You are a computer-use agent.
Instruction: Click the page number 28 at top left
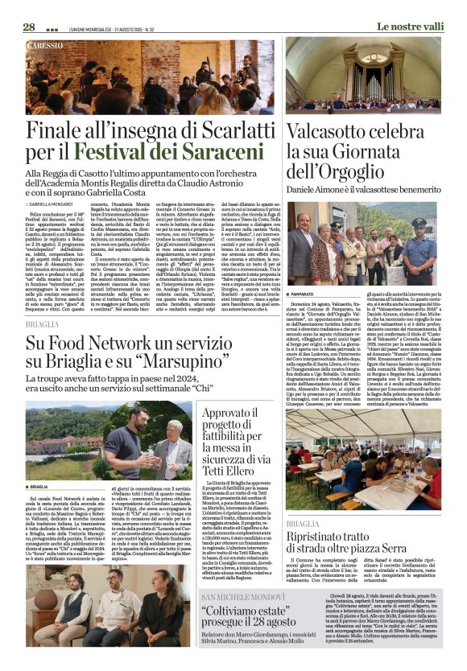[28, 27]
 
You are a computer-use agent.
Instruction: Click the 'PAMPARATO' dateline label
[306, 294]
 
